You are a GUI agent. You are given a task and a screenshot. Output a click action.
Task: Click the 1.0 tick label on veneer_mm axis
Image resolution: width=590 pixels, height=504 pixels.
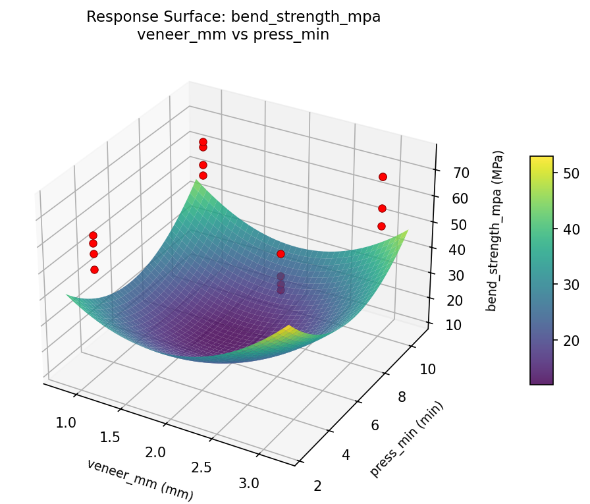click(66, 422)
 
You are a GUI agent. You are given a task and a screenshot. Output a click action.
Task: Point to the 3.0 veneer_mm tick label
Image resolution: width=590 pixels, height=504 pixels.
click(250, 483)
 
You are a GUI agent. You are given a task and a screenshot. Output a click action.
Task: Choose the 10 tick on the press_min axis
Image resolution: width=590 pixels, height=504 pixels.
click(427, 369)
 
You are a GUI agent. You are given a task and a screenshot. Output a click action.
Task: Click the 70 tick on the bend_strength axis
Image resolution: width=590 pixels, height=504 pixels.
click(461, 173)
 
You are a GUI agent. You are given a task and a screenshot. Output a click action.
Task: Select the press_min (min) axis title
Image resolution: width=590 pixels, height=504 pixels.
click(406, 439)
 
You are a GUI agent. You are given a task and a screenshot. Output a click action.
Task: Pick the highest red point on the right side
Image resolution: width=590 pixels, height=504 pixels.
click(383, 177)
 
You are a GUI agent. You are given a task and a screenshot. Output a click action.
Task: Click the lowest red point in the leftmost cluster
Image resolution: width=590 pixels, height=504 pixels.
click(94, 269)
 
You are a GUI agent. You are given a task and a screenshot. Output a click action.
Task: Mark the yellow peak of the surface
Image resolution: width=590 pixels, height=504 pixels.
click(289, 327)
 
